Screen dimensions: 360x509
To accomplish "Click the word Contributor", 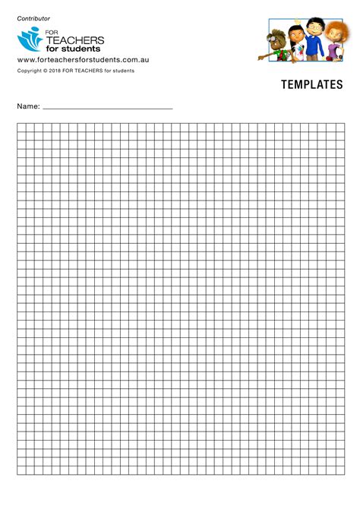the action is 33,18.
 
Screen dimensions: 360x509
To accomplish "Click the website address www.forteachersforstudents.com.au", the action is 83,60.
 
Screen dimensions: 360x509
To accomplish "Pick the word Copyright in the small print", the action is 31,71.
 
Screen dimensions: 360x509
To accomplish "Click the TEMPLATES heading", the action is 311,85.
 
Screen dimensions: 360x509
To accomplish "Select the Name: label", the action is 28,107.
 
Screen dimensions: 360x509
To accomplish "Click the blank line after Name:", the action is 108,108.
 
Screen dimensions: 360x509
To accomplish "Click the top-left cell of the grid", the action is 21,127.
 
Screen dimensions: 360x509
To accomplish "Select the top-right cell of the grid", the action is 340,127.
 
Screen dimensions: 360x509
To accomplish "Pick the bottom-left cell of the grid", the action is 21,470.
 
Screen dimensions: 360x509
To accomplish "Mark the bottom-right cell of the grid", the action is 340,470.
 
